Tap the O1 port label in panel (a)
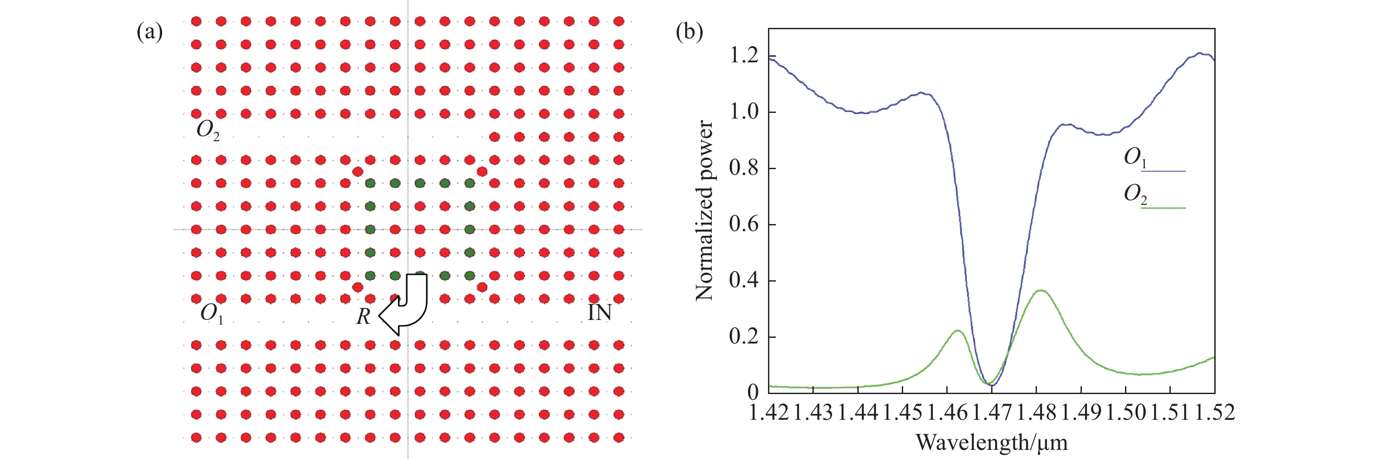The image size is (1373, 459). point(211,313)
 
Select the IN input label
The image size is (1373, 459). point(599,313)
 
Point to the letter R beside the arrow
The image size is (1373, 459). point(363,316)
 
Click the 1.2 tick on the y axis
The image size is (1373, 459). point(744,55)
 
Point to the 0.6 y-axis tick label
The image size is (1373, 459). point(744,224)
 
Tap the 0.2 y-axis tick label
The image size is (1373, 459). point(744,337)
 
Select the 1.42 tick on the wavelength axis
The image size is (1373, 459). point(768,412)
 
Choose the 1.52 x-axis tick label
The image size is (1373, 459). point(1215,412)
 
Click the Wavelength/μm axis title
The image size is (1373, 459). point(991,442)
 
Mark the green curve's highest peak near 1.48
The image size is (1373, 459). point(1040,291)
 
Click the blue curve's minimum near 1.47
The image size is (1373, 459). point(992,384)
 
